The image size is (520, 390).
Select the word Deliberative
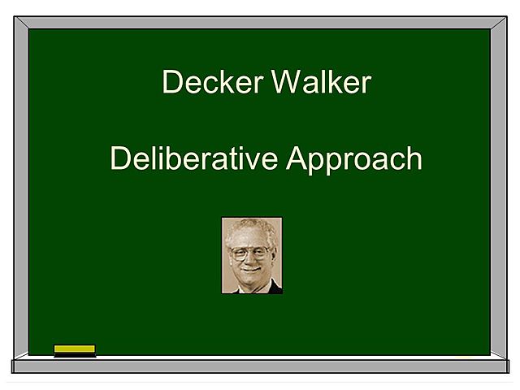[194, 158]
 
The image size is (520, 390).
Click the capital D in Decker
[171, 82]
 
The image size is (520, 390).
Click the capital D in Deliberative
[119, 158]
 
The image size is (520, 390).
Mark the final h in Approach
[414, 158]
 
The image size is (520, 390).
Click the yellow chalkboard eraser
[75, 349]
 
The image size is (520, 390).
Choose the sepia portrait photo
[252, 255]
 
